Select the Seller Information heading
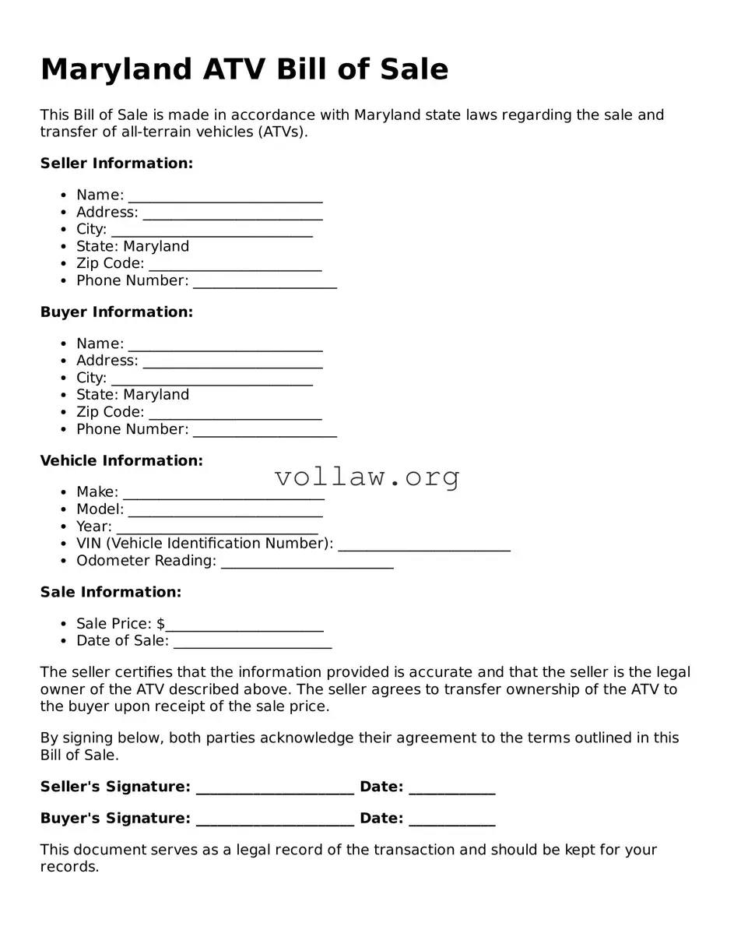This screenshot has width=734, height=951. coord(116,164)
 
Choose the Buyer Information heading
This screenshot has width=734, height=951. coord(116,312)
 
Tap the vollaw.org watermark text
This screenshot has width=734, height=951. coord(367,477)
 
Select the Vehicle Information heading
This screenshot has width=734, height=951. coord(121,461)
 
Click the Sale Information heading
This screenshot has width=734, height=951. coord(111,593)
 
